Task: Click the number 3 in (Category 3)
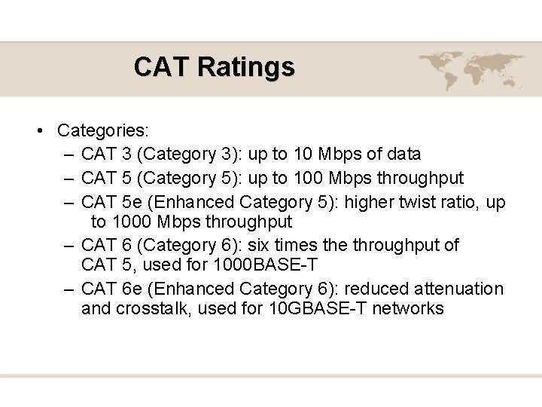227,155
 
